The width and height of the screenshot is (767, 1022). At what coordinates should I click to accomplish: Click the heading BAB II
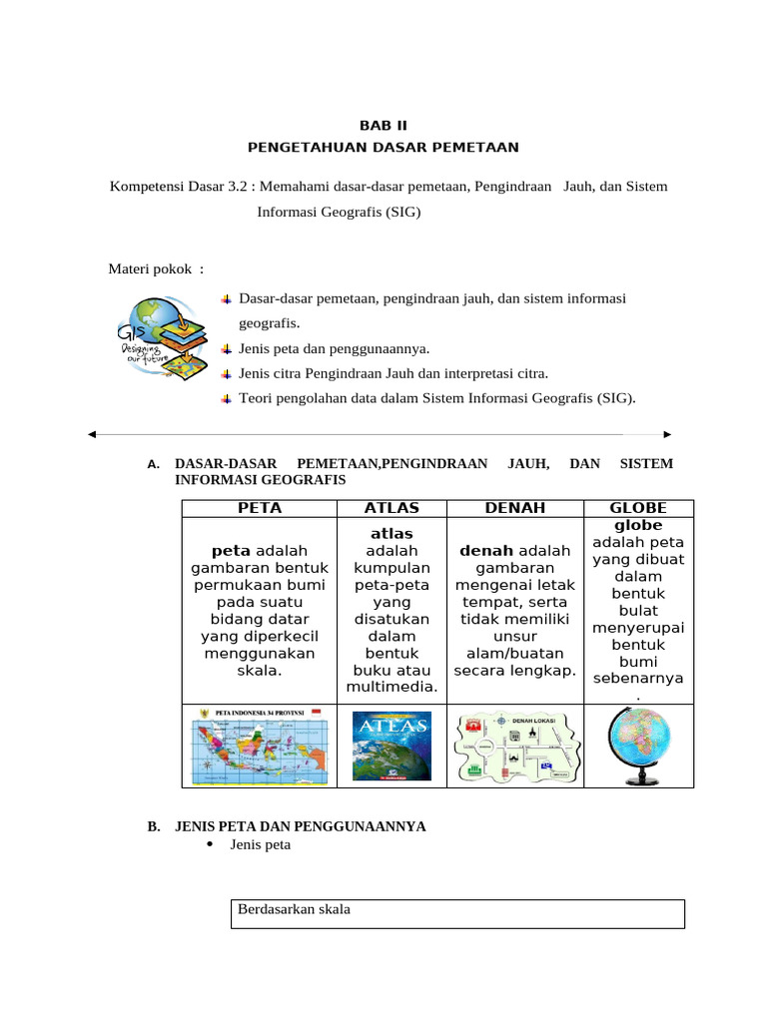click(383, 125)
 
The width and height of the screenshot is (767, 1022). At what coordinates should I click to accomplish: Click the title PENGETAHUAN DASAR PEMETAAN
click(383, 147)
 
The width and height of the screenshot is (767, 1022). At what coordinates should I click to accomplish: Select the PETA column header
click(260, 508)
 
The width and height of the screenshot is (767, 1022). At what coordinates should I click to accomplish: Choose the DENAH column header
click(514, 508)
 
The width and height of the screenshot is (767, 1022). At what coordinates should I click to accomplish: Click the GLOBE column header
click(638, 508)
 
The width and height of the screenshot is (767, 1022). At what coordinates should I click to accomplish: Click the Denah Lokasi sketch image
click(514, 746)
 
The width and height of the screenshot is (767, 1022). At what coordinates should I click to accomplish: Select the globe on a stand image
click(638, 746)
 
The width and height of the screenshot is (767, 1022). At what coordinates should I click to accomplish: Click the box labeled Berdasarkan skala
click(457, 913)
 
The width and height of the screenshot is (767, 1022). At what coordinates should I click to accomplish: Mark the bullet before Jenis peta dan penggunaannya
click(227, 349)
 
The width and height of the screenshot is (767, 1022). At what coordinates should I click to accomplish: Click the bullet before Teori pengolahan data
click(227, 399)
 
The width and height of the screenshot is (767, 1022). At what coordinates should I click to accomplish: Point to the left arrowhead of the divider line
click(92, 435)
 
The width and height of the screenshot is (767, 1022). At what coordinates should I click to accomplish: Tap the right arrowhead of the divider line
click(667, 435)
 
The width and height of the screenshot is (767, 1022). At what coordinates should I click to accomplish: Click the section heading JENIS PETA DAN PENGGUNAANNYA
click(300, 826)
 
